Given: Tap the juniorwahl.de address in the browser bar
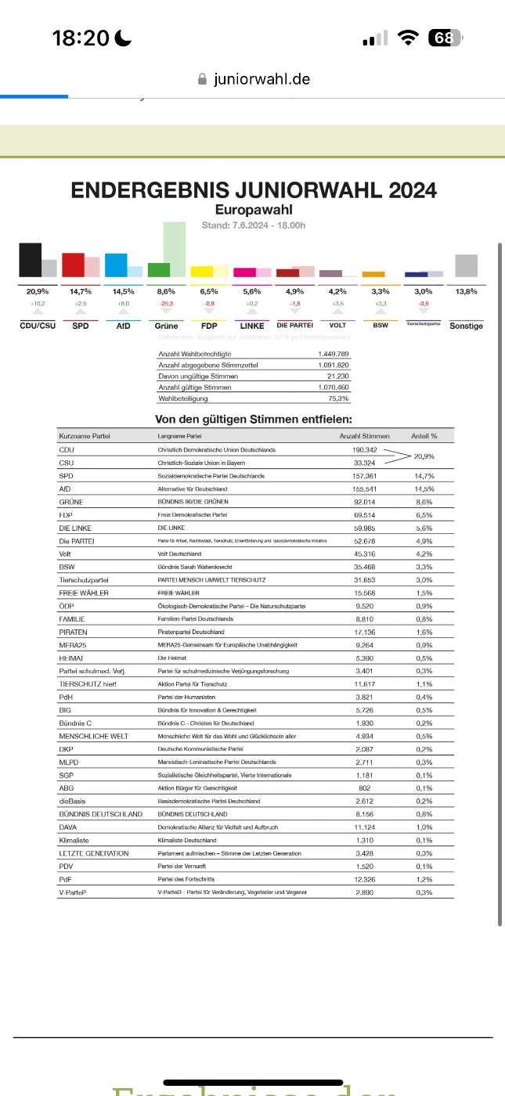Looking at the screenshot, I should (262, 79).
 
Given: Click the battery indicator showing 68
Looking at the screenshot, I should (444, 38).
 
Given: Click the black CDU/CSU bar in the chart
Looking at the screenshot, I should (30, 260).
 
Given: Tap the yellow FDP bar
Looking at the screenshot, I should (202, 272).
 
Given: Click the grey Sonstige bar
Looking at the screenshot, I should (466, 265).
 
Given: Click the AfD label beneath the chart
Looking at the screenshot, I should (123, 326).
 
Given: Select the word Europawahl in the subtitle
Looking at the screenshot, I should (254, 210).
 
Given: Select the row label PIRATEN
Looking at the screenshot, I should (73, 632).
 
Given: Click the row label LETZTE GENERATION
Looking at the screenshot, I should (94, 853).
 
